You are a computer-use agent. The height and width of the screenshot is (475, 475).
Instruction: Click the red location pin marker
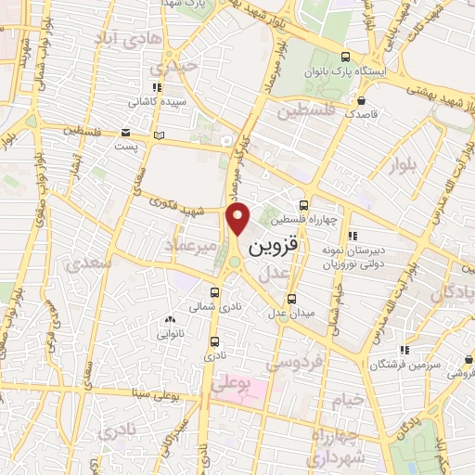pyautogui.click(x=238, y=219)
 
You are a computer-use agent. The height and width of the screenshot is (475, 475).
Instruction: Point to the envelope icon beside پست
pyautogui.click(x=126, y=132)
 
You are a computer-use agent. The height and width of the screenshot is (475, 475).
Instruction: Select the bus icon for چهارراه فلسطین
pyautogui.click(x=302, y=206)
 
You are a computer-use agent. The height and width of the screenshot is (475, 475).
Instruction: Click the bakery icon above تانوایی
pyautogui.click(x=168, y=320)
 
